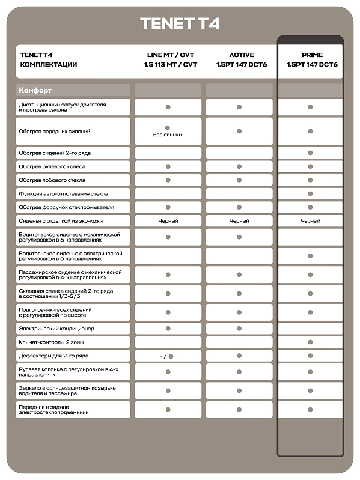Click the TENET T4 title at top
180,23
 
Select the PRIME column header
310,55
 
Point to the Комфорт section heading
35,90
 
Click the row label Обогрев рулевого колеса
52,166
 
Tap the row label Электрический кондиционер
56,329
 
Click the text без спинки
168,135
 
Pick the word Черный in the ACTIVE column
239,221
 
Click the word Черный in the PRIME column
310,221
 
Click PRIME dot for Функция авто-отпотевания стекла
310,193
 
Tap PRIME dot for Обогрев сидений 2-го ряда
310,153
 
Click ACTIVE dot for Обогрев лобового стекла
239,180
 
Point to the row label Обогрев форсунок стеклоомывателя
66,207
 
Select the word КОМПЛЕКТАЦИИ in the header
49,64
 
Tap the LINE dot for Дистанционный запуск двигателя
168,107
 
